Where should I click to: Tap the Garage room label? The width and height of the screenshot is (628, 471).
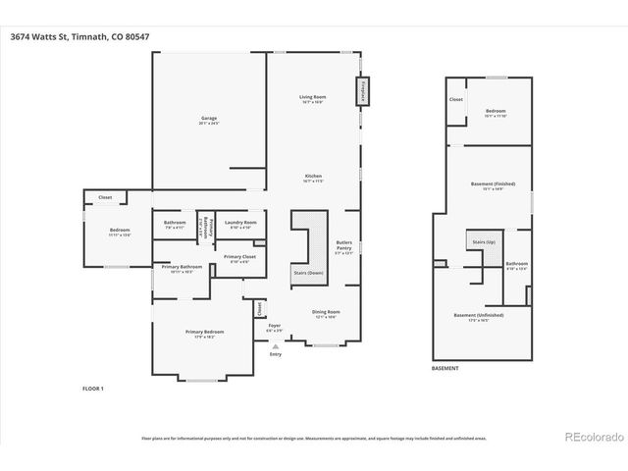[x=209, y=120]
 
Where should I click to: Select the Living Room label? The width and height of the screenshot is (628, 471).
[x=312, y=97]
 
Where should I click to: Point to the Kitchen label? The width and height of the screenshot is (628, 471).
[x=312, y=178]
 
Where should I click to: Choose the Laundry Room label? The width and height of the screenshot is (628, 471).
[x=241, y=224]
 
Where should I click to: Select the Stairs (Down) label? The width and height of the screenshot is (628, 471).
[x=308, y=273]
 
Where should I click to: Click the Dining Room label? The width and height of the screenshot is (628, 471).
[x=326, y=314]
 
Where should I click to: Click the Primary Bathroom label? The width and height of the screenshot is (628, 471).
[x=183, y=269]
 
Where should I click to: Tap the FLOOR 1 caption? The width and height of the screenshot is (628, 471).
[x=93, y=389]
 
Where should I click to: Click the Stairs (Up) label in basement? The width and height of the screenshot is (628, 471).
[x=484, y=240]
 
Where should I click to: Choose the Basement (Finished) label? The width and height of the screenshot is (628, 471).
[x=487, y=185]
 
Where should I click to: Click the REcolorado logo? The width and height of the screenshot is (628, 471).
[x=592, y=437]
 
